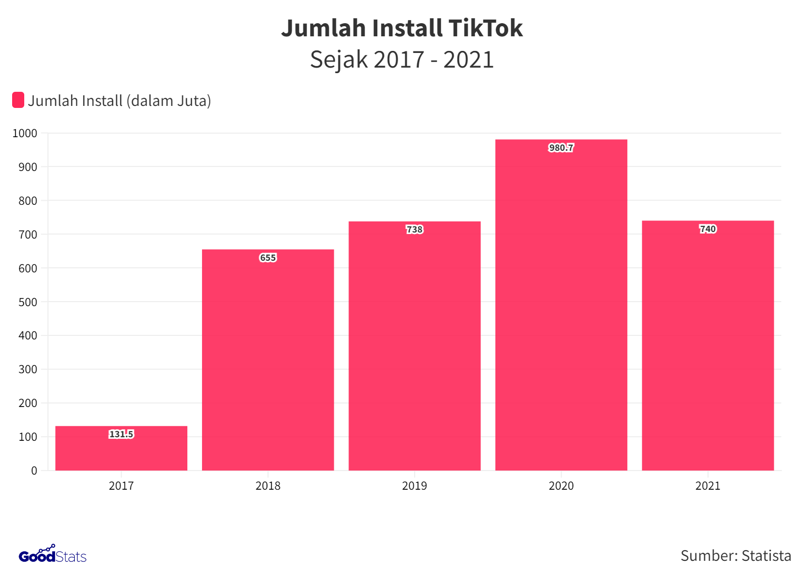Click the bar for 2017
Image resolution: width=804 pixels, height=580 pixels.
pos(121,452)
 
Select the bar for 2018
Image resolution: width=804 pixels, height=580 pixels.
pos(268,360)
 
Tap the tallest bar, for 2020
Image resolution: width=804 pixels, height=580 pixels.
pos(561,305)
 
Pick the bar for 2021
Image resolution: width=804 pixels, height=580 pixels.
pos(708,345)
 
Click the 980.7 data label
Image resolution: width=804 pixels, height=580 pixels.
pos(561,148)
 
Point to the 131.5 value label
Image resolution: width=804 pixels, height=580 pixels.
pos(121,434)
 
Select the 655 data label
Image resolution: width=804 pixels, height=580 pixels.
pos(268,258)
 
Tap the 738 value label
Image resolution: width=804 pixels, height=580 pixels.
pos(414,229)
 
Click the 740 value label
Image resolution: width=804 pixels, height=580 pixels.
pos(708,229)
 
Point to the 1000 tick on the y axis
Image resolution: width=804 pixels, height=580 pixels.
pos(25,134)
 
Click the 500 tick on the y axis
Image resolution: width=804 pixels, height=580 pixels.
pos(28,302)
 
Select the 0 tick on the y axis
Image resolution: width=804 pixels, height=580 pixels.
pos(34,471)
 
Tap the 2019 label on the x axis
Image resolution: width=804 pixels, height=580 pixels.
pos(414,486)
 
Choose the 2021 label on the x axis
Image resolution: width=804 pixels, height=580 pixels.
pos(708,486)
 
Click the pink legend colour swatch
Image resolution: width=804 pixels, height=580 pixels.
pos(18,100)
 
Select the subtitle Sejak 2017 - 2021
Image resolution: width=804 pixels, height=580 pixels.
pos(401,60)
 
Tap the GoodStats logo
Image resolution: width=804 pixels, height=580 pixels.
pos(53,555)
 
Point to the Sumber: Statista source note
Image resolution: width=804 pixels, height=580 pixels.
pos(735,556)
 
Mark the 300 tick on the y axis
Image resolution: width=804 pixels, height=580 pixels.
pos(28,369)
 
